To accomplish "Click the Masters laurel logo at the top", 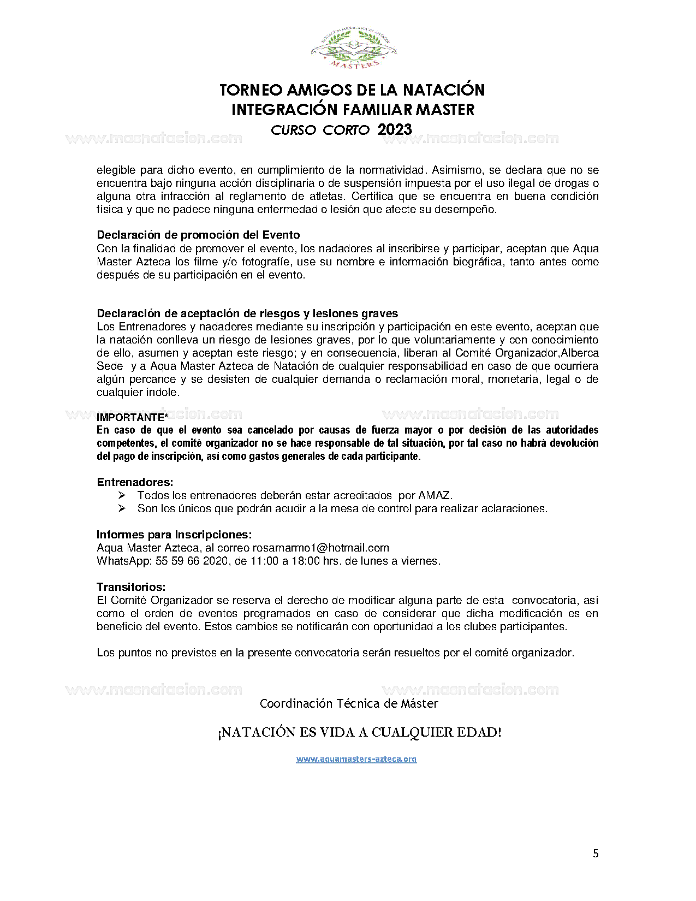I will click(x=353, y=50).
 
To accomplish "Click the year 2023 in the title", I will click(x=394, y=130).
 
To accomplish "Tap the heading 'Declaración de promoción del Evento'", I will click(x=198, y=235).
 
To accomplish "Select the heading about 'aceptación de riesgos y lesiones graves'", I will click(x=247, y=313).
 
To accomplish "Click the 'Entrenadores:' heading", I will click(x=135, y=482).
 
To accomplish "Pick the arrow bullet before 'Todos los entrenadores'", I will click(x=122, y=495).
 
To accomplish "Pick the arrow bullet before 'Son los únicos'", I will click(x=122, y=508).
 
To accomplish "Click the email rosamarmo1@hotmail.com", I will click(x=320, y=548).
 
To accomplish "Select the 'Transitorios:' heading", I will click(x=131, y=587).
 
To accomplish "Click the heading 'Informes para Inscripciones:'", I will click(x=174, y=535).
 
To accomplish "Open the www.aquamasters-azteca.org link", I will click(x=356, y=759).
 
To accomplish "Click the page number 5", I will click(x=596, y=853).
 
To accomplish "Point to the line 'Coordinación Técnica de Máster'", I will click(x=349, y=704).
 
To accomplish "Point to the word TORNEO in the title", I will click(x=251, y=90).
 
